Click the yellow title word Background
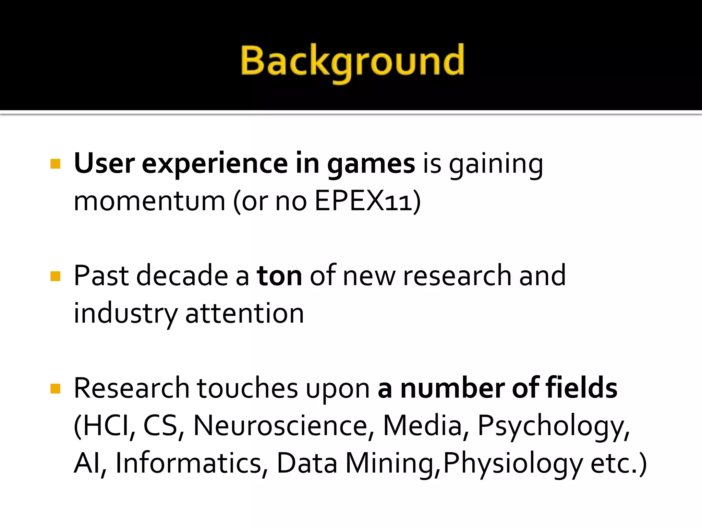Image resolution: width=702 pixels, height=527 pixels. tap(352, 62)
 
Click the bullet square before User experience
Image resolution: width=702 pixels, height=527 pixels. tap(55, 164)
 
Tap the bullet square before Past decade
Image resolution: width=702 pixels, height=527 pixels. tap(55, 276)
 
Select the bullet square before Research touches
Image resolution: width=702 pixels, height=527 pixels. tap(55, 389)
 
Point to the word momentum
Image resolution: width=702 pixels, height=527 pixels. tap(149, 201)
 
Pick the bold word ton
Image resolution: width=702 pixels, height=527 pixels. tap(279, 276)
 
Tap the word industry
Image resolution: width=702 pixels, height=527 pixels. tap(125, 314)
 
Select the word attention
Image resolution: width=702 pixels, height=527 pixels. tap(244, 314)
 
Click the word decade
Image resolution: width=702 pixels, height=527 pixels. tap(182, 276)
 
